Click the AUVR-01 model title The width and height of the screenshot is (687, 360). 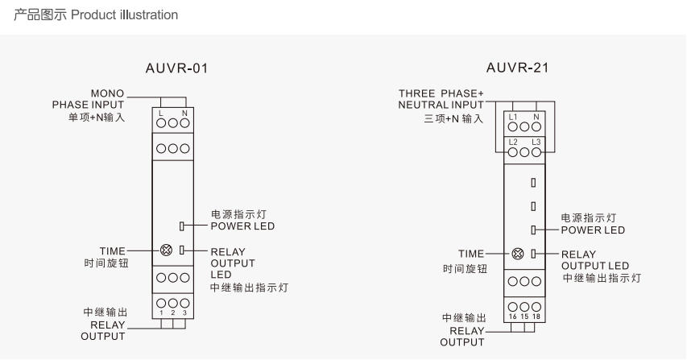176,68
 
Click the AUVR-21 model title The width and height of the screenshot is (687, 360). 517,68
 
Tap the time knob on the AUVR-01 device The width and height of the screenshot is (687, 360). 166,250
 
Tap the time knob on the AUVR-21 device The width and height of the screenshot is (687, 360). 518,254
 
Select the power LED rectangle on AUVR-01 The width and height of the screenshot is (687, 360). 182,226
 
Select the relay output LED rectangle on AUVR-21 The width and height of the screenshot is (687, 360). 533,254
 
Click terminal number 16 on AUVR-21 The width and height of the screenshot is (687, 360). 512,317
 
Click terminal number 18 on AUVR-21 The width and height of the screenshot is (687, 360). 536,317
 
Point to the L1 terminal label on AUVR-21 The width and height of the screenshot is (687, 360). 513,118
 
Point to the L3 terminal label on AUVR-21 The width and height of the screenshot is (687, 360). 536,142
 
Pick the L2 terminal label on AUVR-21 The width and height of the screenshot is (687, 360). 513,142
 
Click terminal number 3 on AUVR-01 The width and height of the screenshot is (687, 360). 185,312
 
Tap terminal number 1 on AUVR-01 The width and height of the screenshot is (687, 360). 161,312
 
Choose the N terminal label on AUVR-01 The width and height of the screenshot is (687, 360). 184,114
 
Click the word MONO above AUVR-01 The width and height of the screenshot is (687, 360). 107,93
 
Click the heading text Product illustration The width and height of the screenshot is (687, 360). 124,14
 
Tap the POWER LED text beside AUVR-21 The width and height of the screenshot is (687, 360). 593,230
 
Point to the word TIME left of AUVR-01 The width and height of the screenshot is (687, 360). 113,251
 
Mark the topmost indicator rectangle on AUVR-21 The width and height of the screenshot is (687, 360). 533,183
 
